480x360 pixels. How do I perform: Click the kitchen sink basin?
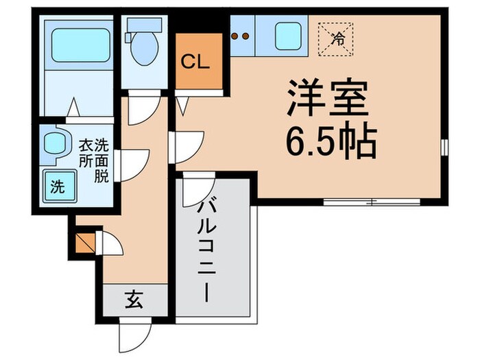click(x=289, y=36)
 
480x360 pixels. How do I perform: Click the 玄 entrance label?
click(x=134, y=300)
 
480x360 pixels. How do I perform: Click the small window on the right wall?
click(x=444, y=147)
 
